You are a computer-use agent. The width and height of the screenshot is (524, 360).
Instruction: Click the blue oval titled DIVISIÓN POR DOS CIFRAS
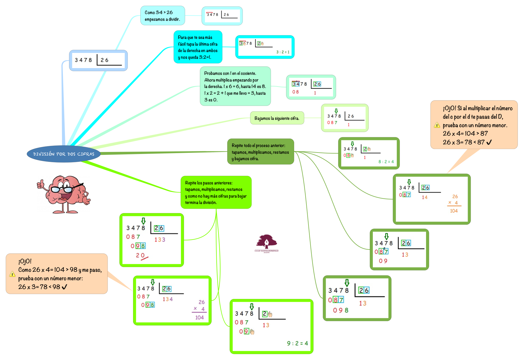pyautogui.click(x=64, y=154)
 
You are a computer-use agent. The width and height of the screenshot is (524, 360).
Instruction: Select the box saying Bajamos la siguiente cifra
pyautogui.click(x=277, y=118)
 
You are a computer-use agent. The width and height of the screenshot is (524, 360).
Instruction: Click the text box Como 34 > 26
pyautogui.click(x=163, y=16)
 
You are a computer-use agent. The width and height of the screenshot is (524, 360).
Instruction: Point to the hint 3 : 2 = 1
pyautogui.click(x=283, y=52)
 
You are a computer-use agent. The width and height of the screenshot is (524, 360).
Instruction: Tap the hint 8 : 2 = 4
pyautogui.click(x=386, y=162)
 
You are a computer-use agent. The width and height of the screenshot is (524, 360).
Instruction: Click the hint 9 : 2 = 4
pyautogui.click(x=297, y=343)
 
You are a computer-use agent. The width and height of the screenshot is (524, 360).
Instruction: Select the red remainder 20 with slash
pyautogui.click(x=141, y=256)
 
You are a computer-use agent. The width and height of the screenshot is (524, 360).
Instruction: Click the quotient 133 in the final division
pyautogui.click(x=160, y=240)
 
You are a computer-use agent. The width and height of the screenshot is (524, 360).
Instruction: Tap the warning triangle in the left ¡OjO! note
pyautogui.click(x=12, y=274)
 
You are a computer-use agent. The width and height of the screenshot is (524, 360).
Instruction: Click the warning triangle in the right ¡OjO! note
pyautogui.click(x=437, y=125)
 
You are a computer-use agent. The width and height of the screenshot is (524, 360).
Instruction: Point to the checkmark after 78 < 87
pyautogui.click(x=489, y=142)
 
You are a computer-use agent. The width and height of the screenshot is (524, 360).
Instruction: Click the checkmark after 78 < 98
pyautogui.click(x=64, y=287)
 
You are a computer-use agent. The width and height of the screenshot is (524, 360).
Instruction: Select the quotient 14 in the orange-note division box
pyautogui.click(x=425, y=198)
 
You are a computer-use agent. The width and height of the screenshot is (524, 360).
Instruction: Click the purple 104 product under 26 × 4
pyautogui.click(x=199, y=317)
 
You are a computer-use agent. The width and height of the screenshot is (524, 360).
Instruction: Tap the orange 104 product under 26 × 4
pyautogui.click(x=454, y=211)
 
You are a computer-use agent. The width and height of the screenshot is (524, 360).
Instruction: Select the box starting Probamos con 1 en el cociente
pyautogui.click(x=235, y=86)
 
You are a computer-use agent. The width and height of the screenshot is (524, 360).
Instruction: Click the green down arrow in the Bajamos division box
pyautogui.click(x=336, y=111)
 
